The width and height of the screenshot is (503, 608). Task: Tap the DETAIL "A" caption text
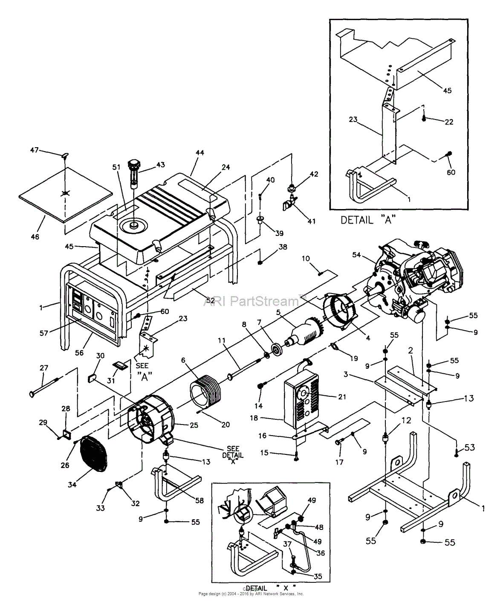[368, 220]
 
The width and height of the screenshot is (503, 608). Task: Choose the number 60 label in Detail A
[451, 172]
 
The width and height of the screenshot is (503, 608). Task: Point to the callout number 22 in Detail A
[448, 122]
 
